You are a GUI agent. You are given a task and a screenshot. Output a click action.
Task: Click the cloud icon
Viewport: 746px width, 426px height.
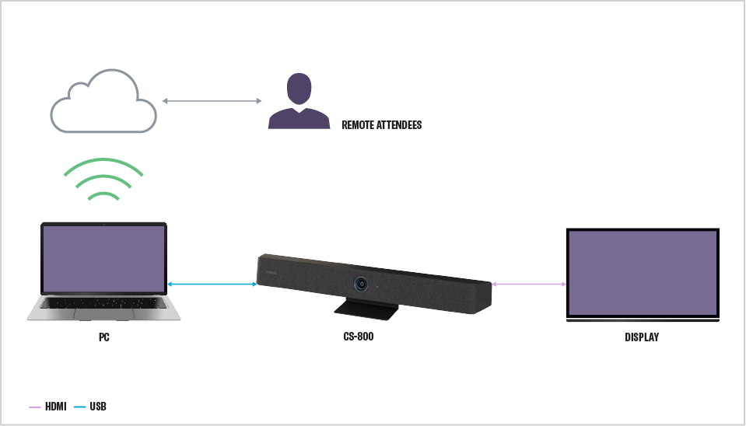(103, 103)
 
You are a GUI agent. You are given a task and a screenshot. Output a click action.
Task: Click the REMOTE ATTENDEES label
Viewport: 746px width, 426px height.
(381, 124)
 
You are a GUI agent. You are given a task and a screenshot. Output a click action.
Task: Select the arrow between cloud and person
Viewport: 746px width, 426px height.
(212, 101)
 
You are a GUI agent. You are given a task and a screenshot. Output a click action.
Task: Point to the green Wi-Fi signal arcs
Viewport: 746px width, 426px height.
(103, 180)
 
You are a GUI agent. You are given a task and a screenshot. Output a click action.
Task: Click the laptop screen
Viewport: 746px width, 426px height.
(103, 260)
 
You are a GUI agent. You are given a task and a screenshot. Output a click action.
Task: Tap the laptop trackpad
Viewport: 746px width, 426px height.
(103, 313)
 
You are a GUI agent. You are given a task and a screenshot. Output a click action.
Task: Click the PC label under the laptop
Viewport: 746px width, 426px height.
(103, 338)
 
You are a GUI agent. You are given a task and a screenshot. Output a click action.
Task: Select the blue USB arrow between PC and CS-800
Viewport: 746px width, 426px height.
(212, 285)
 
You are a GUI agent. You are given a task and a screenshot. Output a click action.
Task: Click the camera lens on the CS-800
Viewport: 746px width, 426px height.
(362, 284)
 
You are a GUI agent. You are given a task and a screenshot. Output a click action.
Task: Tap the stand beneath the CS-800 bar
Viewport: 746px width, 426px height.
(367, 309)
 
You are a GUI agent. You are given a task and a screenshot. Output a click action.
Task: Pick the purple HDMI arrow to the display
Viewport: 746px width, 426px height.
(529, 285)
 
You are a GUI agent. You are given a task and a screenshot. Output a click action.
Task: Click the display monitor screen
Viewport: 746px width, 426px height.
(642, 273)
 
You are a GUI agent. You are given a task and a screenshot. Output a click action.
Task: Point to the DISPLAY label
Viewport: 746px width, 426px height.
(642, 337)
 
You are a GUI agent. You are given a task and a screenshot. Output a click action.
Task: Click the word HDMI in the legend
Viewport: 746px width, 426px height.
(56, 407)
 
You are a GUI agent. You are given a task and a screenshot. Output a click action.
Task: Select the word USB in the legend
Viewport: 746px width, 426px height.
(98, 407)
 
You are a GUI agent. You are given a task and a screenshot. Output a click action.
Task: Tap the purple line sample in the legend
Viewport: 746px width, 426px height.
(34, 407)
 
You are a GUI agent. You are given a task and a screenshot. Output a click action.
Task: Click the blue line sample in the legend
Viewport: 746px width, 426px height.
(80, 407)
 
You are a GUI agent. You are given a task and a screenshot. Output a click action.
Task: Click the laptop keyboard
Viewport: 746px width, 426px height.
(103, 301)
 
